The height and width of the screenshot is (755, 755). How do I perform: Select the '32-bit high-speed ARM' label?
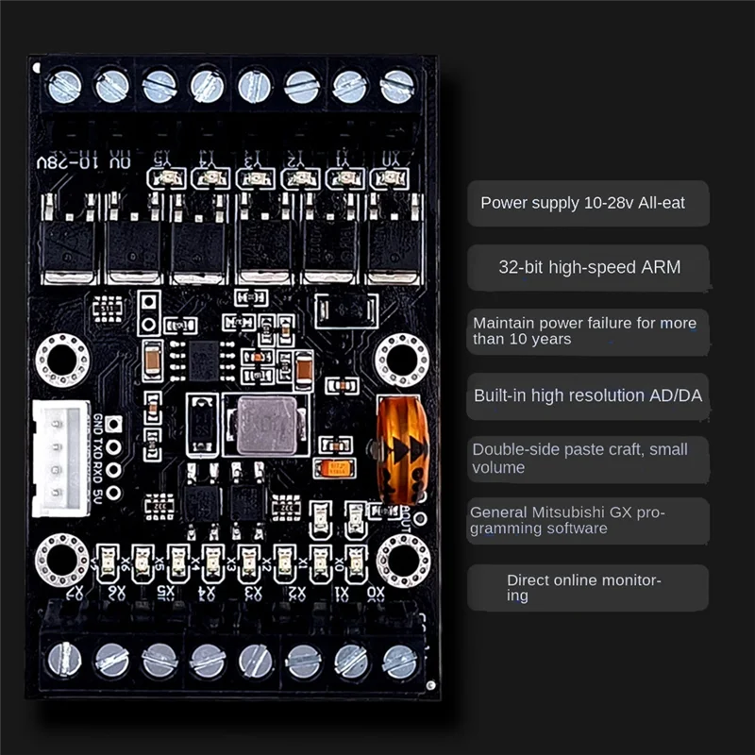click(589, 267)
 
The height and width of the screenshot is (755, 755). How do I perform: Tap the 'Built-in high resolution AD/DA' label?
click(588, 395)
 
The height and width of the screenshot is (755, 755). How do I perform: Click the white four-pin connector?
click(60, 458)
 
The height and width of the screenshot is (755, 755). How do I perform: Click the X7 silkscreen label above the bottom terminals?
click(77, 594)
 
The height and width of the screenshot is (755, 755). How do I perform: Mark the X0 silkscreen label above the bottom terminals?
click(377, 594)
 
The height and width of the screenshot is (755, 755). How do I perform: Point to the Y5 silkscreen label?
click(163, 157)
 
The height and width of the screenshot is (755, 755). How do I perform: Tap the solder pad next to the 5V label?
click(115, 493)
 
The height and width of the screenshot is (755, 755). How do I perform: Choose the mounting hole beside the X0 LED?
click(403, 560)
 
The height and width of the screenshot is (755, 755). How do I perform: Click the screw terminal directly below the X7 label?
click(64, 660)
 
